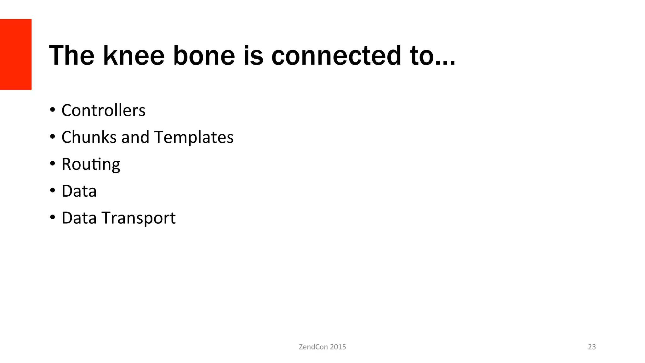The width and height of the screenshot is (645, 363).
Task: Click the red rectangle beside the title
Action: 16,54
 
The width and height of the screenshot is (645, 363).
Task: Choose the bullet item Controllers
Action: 103,110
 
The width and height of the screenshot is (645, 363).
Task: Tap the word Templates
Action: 194,137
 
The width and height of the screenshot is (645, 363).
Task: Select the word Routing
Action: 91,164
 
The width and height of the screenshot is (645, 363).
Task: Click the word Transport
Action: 139,218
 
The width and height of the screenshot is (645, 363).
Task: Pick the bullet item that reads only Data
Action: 79,191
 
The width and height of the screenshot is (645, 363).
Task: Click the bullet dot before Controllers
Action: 52,110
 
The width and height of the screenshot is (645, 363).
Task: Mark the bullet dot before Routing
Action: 52,164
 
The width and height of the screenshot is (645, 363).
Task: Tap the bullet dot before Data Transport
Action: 52,217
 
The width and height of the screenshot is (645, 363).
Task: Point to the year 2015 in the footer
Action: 338,347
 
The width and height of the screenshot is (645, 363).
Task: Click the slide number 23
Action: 592,347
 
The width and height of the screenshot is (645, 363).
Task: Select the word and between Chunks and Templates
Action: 135,137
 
